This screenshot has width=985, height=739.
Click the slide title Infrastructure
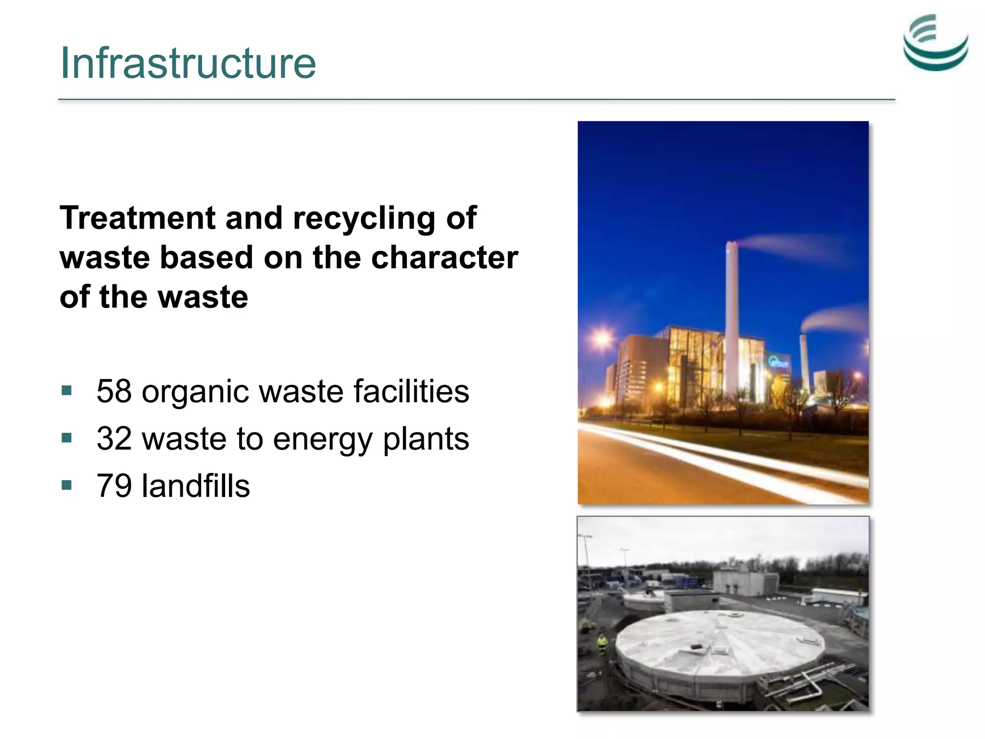(x=188, y=63)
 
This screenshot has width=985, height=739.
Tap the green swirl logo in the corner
(x=935, y=43)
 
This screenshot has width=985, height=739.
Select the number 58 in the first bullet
(x=114, y=391)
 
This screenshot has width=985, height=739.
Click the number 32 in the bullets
(x=114, y=438)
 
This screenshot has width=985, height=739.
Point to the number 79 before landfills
(x=114, y=485)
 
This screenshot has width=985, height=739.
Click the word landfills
(x=196, y=485)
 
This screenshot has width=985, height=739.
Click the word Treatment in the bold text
(x=137, y=218)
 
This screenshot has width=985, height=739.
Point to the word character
(x=444, y=257)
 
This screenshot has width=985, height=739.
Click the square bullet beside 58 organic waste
(x=67, y=390)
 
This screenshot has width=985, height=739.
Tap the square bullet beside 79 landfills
(x=67, y=484)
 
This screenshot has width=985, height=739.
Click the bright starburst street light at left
(x=602, y=338)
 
